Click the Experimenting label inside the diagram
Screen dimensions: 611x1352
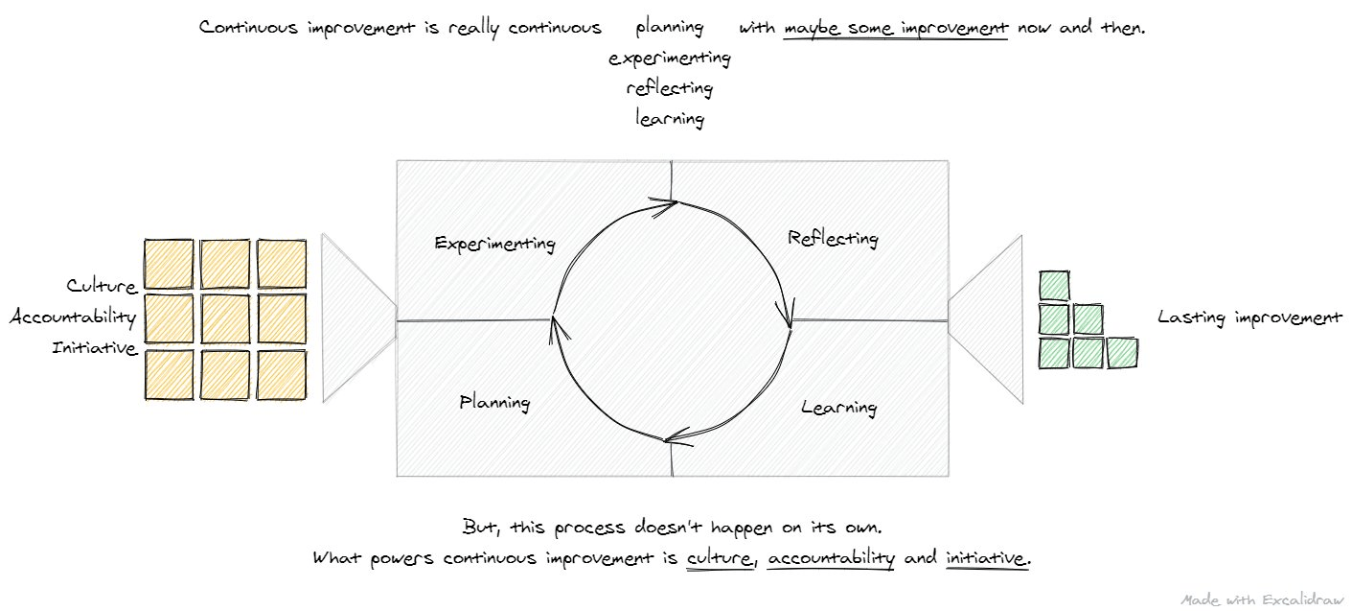494,243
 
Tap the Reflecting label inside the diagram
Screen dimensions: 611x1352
833,238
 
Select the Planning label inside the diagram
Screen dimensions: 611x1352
494,402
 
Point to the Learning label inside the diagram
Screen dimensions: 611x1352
838,408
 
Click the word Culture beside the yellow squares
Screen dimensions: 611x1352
102,286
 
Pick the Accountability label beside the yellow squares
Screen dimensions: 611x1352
73,317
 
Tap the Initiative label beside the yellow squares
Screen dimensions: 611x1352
95,348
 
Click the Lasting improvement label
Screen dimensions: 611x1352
1249,317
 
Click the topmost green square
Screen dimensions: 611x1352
1054,286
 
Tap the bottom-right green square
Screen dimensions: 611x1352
1122,353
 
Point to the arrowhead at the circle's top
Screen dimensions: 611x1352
665,203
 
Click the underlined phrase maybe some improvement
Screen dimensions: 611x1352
896,28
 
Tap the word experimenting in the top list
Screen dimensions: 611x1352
670,59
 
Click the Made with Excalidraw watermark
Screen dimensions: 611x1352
1260,599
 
